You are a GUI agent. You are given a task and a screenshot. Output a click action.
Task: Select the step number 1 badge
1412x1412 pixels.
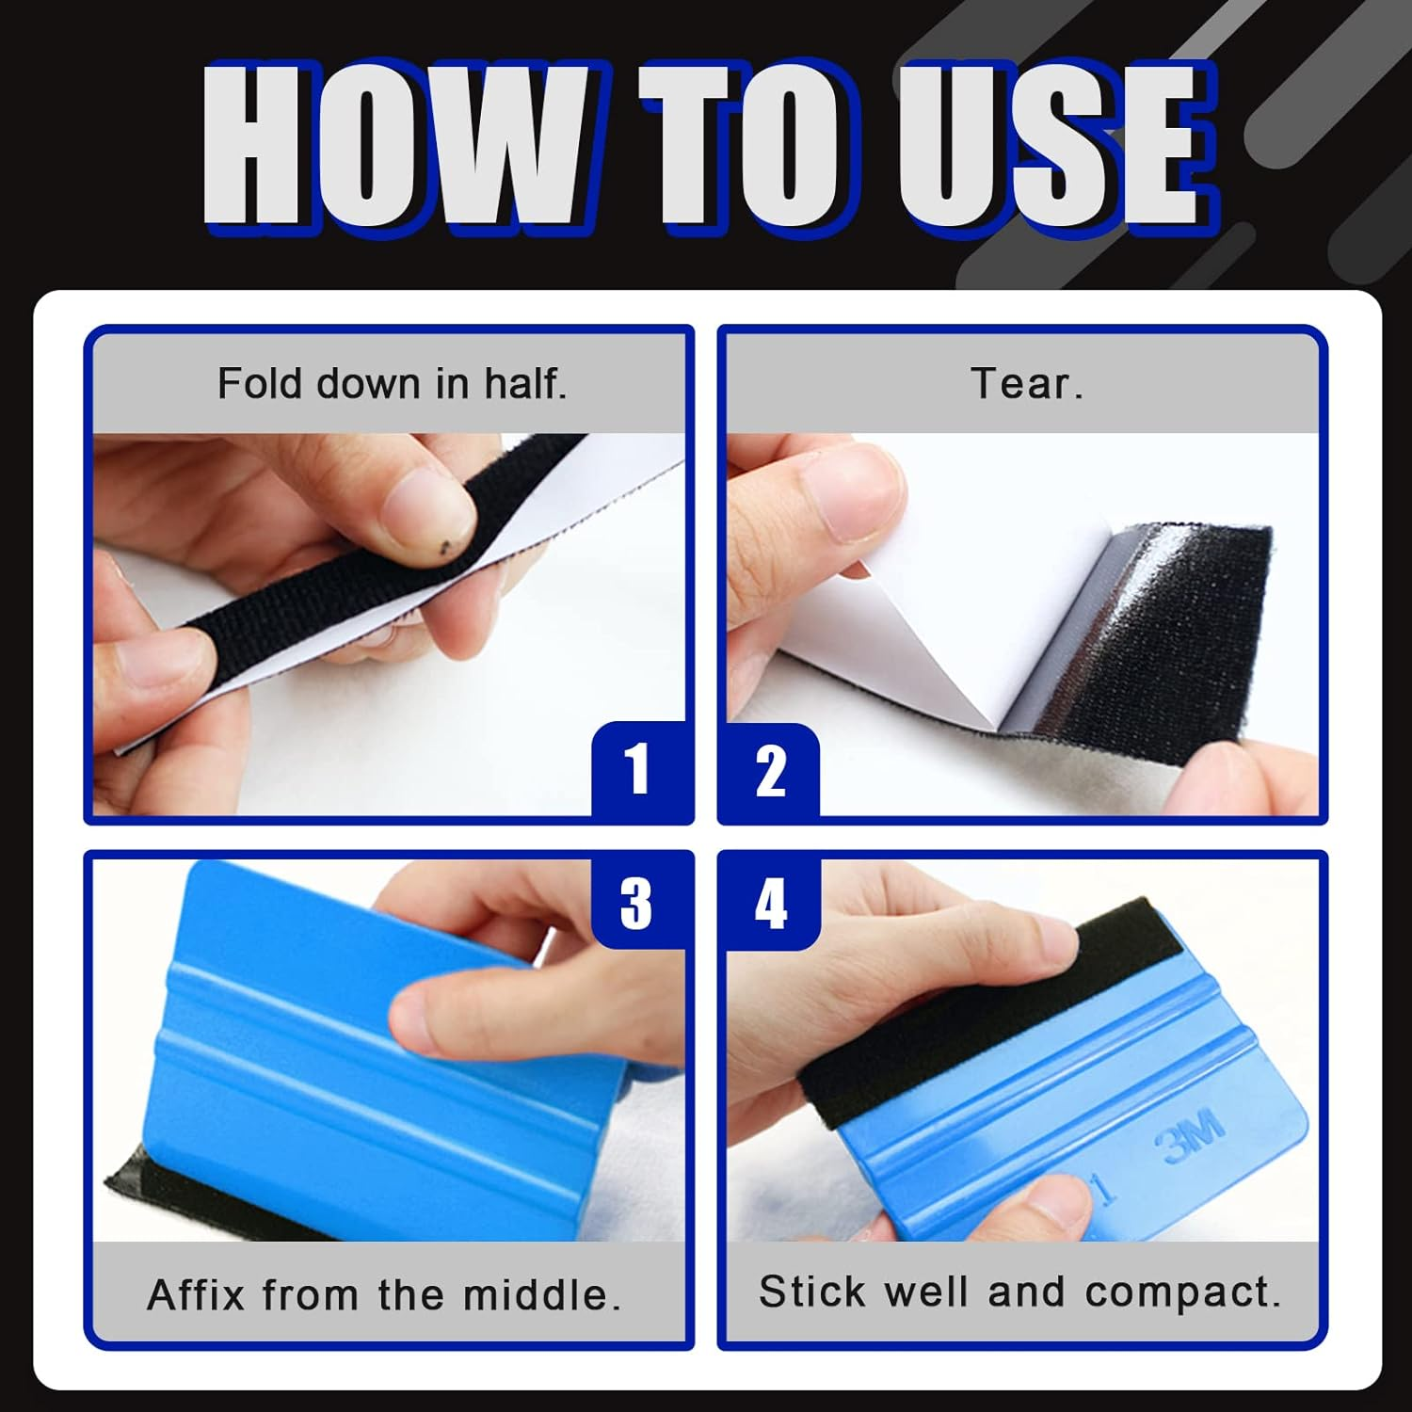click(638, 769)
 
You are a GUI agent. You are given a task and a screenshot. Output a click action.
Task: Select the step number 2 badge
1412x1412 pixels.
click(770, 771)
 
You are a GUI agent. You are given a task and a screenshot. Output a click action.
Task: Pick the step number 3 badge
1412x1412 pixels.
click(636, 903)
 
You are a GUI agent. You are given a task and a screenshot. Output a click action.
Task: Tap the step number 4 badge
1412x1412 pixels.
click(770, 903)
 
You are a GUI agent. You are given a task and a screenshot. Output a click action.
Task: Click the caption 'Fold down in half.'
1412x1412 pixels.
click(392, 384)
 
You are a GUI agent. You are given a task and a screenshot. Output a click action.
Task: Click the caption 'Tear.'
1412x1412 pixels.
click(1026, 384)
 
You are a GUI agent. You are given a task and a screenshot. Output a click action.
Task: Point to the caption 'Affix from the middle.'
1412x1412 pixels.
click(384, 1294)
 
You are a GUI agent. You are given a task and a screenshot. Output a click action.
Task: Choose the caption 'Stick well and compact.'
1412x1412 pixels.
click(1020, 1292)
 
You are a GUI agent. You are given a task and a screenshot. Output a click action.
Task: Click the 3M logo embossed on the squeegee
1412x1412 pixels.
click(1189, 1135)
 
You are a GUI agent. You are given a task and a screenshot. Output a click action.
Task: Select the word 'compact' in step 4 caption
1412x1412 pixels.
click(1182, 1292)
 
